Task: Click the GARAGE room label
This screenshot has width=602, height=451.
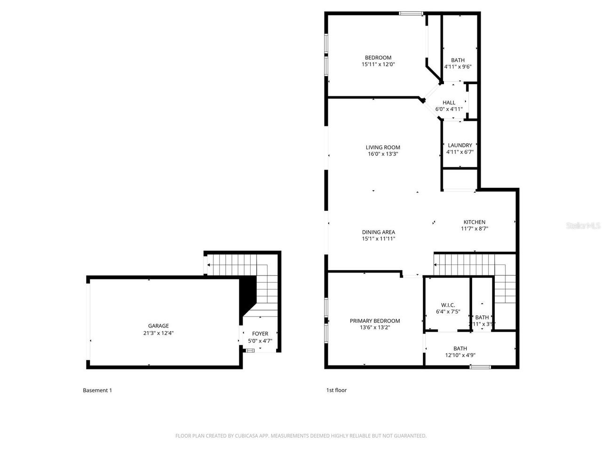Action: point(158,326)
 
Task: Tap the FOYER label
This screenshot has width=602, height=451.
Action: point(260,334)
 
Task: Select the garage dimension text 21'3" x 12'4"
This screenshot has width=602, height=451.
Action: point(158,333)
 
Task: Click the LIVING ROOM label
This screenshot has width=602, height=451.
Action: point(383,147)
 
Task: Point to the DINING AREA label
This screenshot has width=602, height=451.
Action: point(378,232)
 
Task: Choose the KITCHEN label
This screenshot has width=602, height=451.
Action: point(474,222)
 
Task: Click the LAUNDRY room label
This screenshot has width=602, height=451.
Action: point(459,145)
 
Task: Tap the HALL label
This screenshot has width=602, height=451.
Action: point(449,102)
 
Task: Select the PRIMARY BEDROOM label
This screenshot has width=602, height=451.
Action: point(375,321)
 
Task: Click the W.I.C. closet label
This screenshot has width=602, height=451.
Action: point(448,305)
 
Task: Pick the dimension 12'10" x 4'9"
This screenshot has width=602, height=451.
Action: point(460,355)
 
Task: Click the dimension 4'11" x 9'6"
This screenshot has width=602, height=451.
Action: point(458,67)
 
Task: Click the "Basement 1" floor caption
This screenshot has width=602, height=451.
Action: point(97,390)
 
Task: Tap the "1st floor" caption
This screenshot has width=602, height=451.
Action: point(336,390)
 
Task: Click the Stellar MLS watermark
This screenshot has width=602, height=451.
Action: point(583,225)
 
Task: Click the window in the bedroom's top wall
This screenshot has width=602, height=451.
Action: point(411,13)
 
